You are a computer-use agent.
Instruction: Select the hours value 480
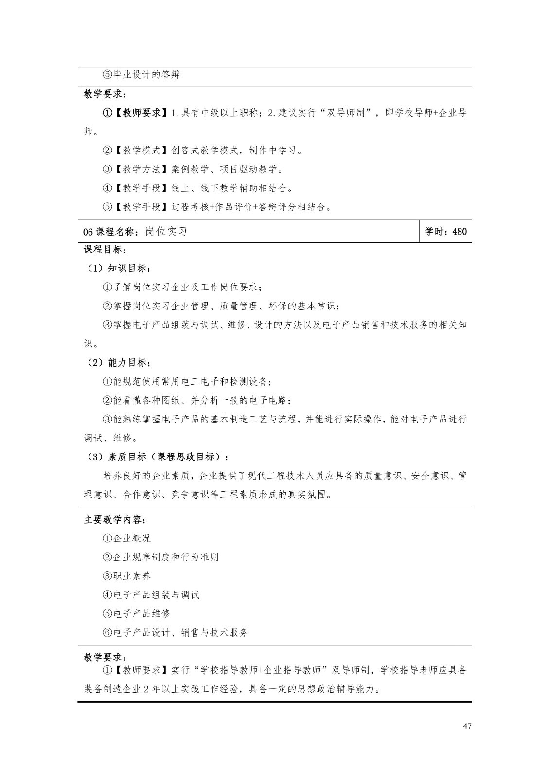(460, 232)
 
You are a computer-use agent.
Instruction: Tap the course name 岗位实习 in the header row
(166, 232)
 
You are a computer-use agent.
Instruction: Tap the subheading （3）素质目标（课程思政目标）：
(157, 456)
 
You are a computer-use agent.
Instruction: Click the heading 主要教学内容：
(115, 520)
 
